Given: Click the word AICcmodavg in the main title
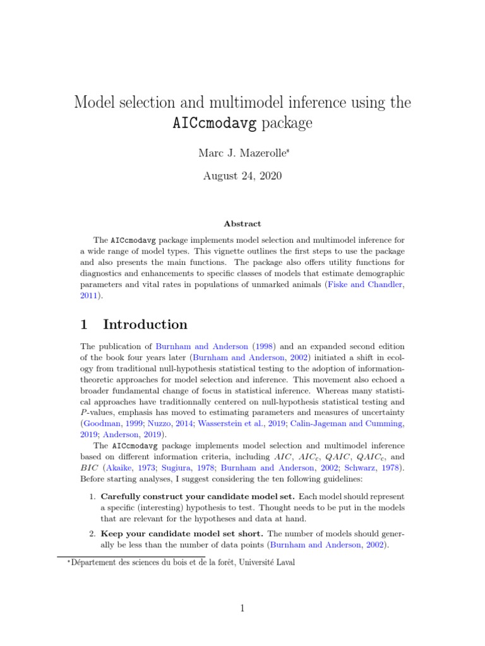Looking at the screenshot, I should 214,124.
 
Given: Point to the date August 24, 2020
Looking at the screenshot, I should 242,175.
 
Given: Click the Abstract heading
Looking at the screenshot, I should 242,223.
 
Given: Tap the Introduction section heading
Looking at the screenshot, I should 145,325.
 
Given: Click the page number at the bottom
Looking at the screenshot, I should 242,608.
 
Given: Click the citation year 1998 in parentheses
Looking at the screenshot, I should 260,346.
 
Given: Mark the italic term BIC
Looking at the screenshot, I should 89,468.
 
